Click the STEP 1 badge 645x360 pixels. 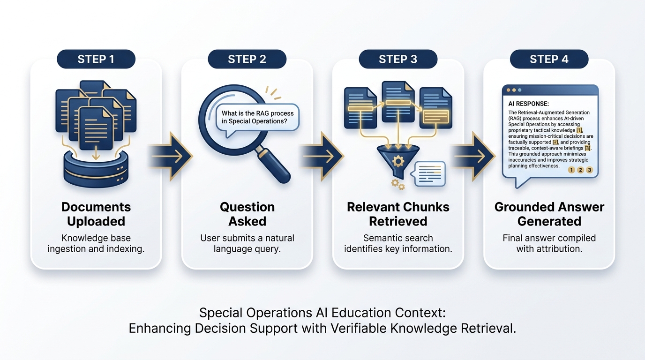click(96, 60)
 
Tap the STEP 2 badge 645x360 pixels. click(247, 60)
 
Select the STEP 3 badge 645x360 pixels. click(397, 60)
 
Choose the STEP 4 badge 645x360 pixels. click(549, 60)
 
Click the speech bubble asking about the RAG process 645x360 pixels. click(258, 117)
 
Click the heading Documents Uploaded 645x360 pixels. click(96, 214)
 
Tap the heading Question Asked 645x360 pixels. click(247, 214)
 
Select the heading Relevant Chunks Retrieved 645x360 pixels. click(398, 214)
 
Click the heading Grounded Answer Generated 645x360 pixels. click(549, 214)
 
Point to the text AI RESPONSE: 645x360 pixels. click(528, 104)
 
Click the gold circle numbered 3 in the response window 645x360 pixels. click(589, 170)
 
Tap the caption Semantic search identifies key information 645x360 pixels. click(398, 243)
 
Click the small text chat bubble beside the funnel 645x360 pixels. click(427, 174)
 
